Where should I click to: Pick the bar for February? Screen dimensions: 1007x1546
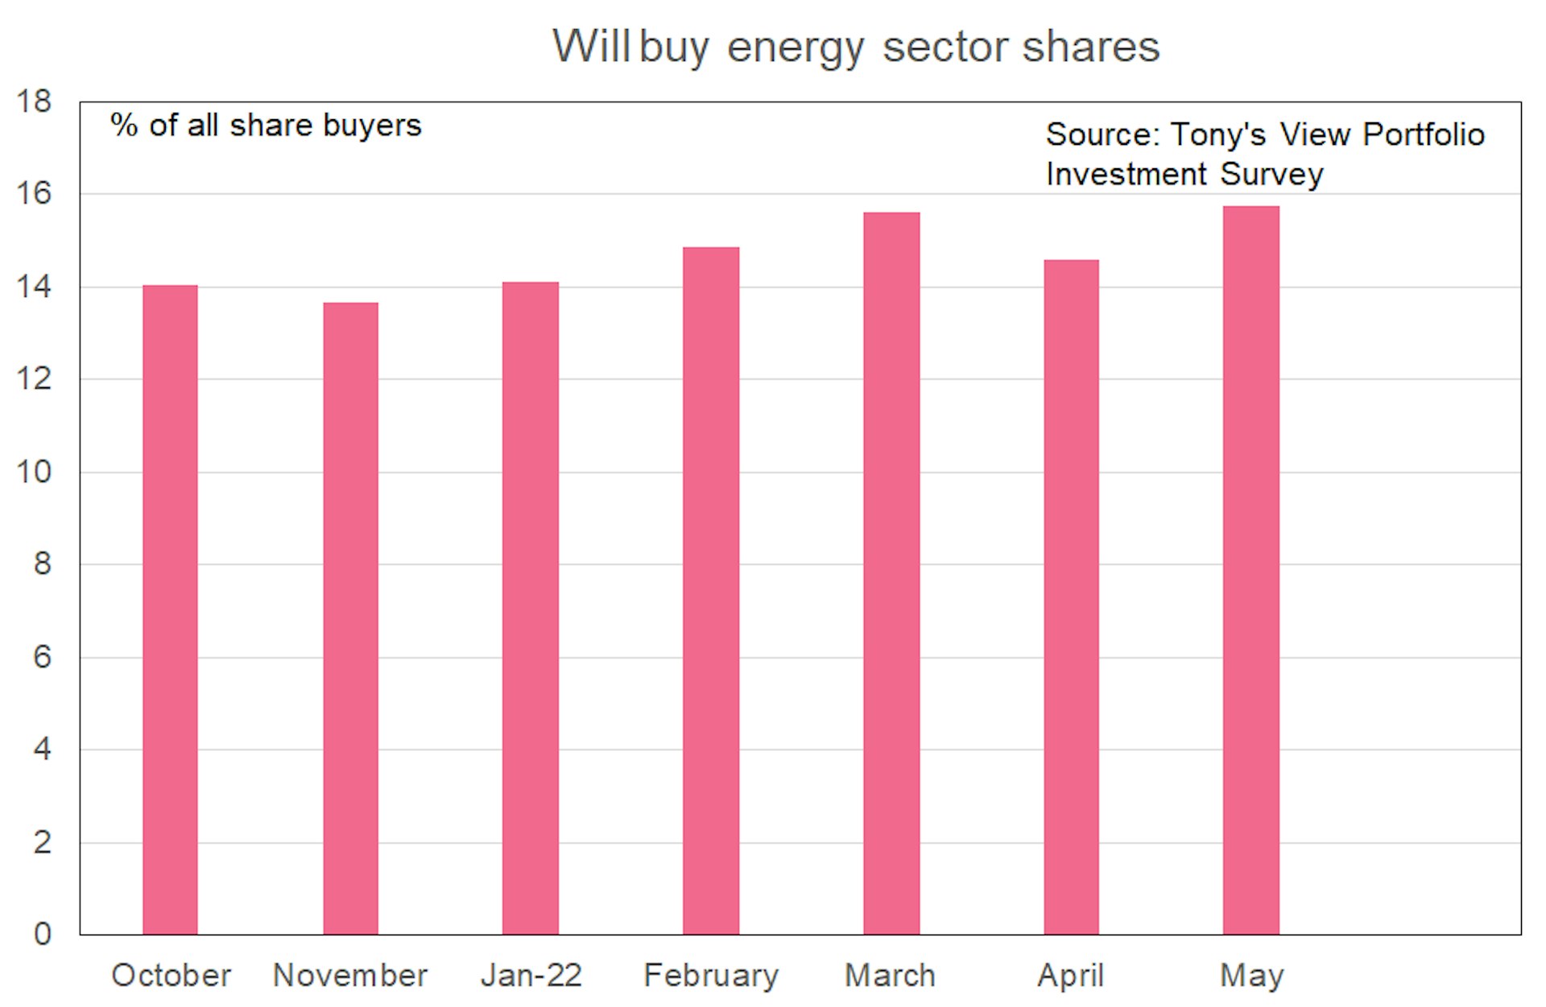coord(711,591)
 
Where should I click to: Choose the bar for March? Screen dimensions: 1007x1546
coord(891,573)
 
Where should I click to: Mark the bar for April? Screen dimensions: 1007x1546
coord(1071,597)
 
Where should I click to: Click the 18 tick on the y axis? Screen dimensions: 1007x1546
coord(34,101)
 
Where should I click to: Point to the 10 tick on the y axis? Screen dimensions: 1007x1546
coord(34,472)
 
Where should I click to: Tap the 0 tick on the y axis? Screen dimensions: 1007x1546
coord(42,934)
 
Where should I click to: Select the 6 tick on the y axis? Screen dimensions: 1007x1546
coord(42,657)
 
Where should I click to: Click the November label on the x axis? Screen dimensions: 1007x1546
coord(350,976)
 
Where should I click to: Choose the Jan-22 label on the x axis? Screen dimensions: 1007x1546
coord(531,976)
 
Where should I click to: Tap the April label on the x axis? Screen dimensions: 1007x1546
coord(1070,976)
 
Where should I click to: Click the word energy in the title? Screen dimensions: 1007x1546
coord(796,48)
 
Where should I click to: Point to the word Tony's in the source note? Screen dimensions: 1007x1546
coord(1218,134)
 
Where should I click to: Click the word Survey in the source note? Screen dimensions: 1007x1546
coord(1272,175)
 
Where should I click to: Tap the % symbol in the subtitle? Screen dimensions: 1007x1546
coord(123,126)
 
